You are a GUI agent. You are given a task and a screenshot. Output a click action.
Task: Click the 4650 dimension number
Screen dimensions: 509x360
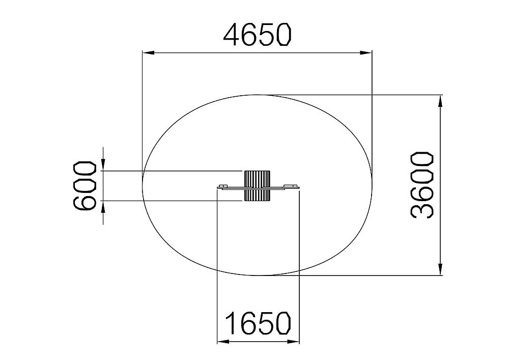coord(258,35)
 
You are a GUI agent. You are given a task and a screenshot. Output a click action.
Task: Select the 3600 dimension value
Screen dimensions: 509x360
coord(422,185)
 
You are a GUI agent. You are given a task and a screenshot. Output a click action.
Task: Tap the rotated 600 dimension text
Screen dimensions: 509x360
coord(85,186)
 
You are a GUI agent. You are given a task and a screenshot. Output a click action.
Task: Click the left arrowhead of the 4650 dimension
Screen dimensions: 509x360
coord(148,52)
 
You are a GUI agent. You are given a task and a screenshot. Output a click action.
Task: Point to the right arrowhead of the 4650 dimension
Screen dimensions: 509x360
coord(366,52)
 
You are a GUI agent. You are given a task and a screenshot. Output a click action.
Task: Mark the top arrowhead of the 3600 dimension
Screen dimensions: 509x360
coord(440,101)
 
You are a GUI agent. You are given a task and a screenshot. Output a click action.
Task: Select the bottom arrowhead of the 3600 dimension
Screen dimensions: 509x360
coord(440,269)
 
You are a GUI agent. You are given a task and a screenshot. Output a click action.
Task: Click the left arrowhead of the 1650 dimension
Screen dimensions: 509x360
coord(223,341)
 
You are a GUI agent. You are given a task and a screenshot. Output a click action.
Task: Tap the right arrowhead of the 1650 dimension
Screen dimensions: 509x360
coord(294,341)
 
